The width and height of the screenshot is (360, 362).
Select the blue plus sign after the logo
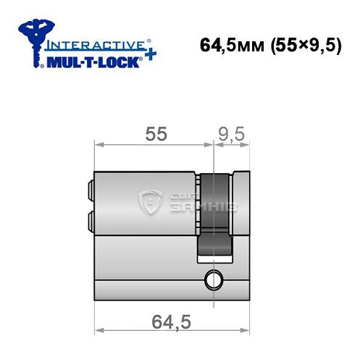(x=149, y=56)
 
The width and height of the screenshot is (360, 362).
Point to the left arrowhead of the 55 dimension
(x=99, y=145)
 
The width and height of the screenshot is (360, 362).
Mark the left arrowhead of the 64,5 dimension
(x=99, y=329)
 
